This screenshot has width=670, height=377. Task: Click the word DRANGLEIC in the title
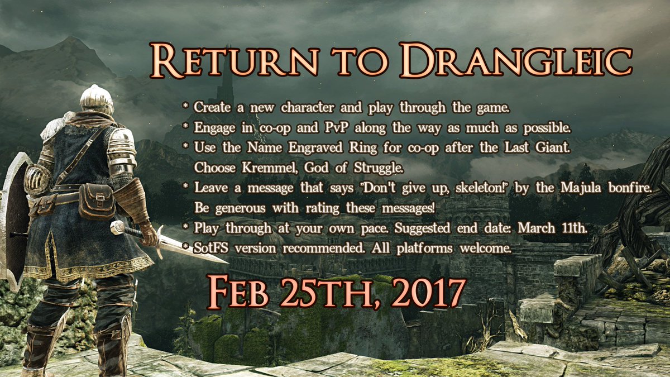coord(516,61)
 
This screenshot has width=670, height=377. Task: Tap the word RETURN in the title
coord(233,61)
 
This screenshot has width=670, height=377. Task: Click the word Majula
coord(581,188)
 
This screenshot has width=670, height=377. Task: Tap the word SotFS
coord(212,248)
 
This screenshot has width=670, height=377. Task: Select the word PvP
coord(337,127)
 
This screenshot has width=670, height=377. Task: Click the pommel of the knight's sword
coord(117,227)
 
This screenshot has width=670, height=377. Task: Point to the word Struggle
coord(379,168)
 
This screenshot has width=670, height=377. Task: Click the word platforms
coord(424,249)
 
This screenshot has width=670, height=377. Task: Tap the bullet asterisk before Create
coord(186,106)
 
